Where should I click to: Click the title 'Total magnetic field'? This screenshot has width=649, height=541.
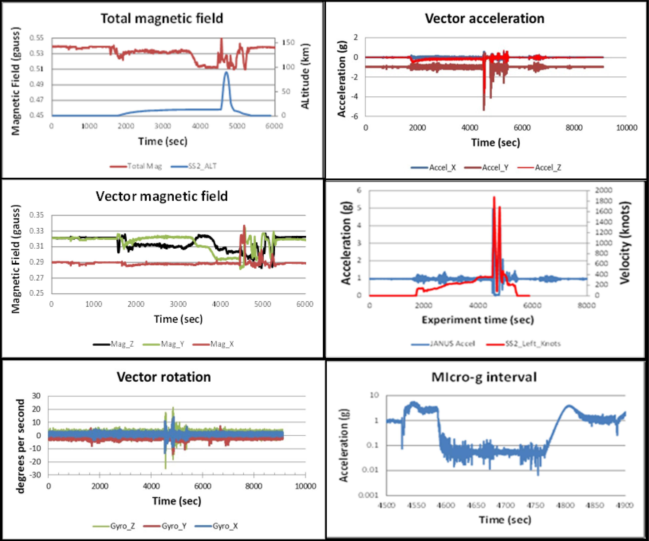click(162, 19)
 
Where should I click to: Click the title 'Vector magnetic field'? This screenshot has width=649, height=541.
click(162, 196)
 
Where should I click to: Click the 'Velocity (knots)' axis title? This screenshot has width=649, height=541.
click(625, 243)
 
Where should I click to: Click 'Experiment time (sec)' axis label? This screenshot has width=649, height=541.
click(478, 320)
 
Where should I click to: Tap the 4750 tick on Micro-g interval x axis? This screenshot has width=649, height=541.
click(536, 505)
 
